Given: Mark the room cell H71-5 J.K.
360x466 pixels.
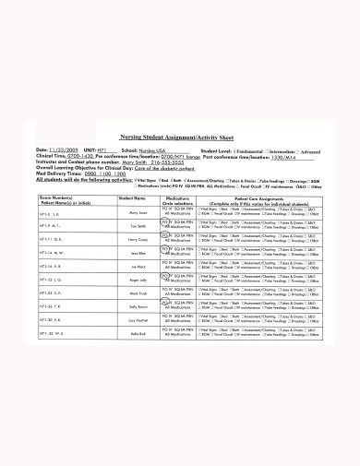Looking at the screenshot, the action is pyautogui.click(x=50, y=213).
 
